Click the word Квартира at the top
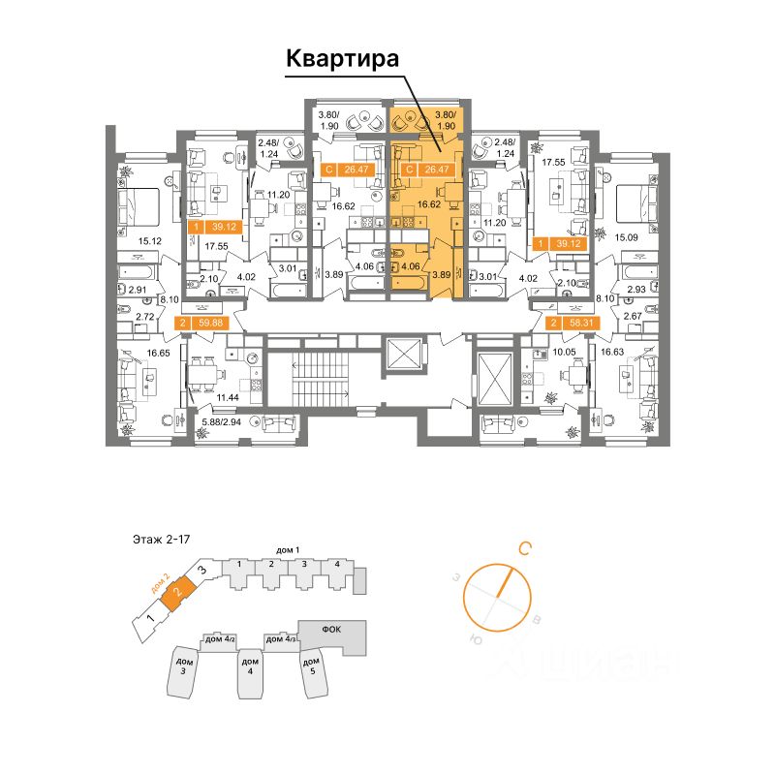click(342, 59)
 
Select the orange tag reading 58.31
click(568, 324)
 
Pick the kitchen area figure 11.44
click(229, 398)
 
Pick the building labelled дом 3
click(182, 667)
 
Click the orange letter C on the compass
click(524, 549)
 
